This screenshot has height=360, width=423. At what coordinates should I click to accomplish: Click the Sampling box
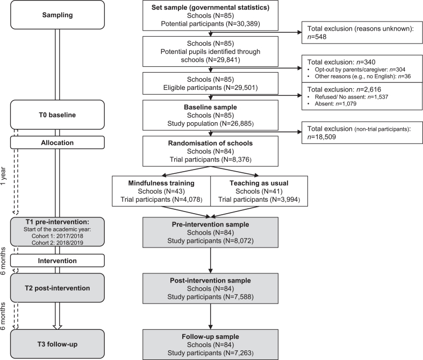(57, 15)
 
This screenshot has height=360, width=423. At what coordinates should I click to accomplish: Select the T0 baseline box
(57, 115)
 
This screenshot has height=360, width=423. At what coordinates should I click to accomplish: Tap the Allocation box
(57, 143)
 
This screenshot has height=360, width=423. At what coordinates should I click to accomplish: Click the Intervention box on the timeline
(57, 260)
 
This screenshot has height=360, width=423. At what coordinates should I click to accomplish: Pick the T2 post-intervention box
(57, 288)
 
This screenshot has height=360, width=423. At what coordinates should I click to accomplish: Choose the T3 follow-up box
(57, 344)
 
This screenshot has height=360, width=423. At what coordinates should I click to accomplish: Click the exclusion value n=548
(317, 37)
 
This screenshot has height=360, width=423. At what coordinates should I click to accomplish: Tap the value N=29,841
(223, 60)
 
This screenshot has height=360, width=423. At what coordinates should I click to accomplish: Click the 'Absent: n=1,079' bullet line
(332, 104)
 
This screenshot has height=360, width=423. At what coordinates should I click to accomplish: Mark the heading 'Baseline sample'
(210, 107)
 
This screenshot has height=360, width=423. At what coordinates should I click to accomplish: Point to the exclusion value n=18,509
(321, 137)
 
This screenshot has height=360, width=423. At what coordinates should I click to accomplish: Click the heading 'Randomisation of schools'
(210, 143)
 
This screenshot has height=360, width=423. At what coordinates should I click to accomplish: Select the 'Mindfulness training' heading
(161, 183)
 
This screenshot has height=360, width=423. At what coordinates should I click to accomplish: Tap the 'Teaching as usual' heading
(259, 183)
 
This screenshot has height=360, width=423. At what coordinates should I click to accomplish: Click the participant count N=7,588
(238, 297)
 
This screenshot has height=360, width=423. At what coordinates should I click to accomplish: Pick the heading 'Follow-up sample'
(210, 337)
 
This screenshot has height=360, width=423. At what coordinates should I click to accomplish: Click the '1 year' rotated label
(3, 175)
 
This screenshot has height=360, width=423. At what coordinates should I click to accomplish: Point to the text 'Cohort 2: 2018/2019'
(58, 243)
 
